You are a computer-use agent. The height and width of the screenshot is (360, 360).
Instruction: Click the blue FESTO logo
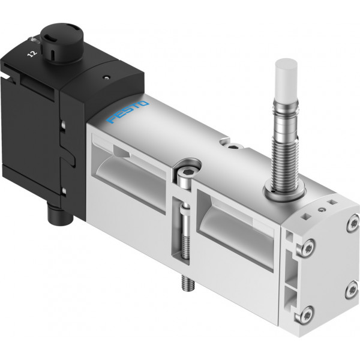tap(128, 112)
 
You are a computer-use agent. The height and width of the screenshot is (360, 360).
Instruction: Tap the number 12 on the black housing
tap(32, 54)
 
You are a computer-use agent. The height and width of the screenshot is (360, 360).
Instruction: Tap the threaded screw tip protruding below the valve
tap(188, 283)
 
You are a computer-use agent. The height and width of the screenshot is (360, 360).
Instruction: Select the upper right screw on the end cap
tap(353, 223)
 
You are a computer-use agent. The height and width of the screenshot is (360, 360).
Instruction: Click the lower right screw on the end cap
tap(352, 290)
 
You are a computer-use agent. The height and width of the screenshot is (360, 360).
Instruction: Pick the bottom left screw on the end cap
tap(304, 314)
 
